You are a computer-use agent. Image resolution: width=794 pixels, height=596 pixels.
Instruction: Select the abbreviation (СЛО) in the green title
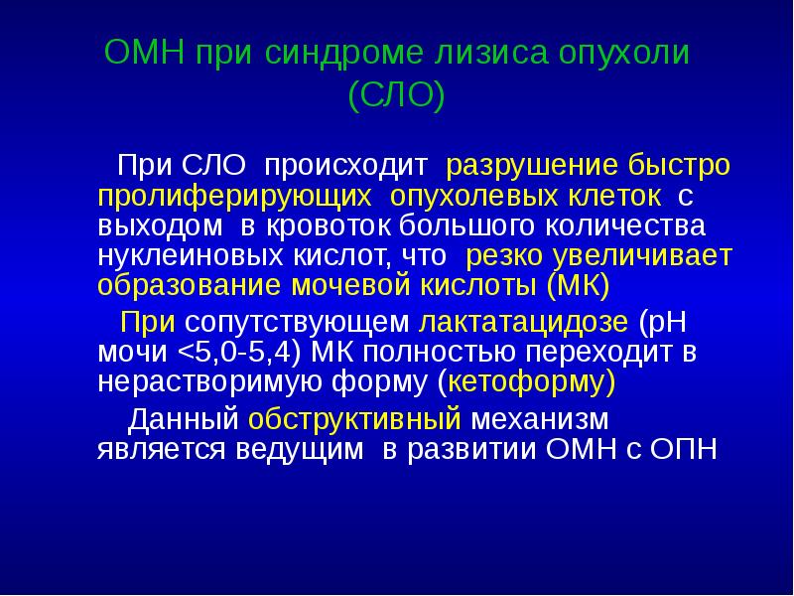pos(397,97)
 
